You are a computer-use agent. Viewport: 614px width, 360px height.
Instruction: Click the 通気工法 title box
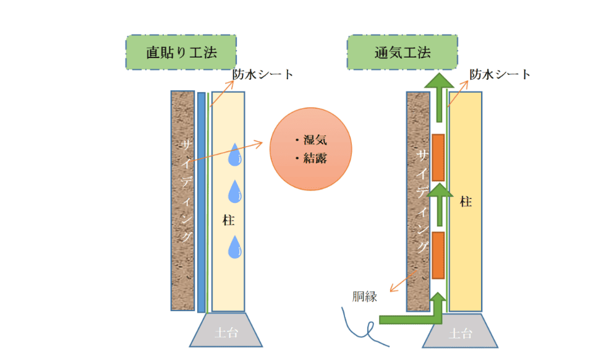point(402,52)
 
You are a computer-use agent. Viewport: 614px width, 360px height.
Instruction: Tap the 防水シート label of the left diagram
point(262,74)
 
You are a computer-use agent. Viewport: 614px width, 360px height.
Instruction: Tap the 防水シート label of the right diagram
point(500,74)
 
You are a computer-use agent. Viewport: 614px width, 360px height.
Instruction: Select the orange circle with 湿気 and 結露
point(311,149)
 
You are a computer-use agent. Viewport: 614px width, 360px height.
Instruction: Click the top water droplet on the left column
point(235,155)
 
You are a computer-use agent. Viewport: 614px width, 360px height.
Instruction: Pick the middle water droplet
point(235,192)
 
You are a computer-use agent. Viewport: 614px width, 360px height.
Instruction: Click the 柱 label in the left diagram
point(228,220)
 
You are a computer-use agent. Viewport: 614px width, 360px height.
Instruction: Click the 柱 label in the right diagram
point(466,202)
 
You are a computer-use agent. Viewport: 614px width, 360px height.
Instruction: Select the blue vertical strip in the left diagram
point(201,202)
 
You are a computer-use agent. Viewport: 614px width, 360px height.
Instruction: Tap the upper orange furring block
point(438,158)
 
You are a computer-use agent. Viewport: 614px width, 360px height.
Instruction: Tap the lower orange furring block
point(438,255)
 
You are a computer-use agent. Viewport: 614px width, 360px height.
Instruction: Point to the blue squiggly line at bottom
point(358,324)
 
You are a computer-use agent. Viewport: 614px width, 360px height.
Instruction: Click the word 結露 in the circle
point(315,159)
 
